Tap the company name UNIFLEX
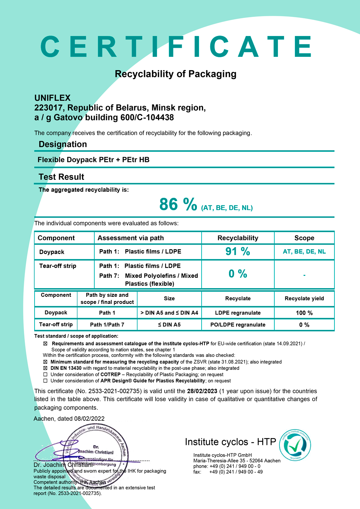coord(53,98)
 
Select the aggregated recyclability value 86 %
coord(178,205)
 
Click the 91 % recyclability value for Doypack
coord(238,251)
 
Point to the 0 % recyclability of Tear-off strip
coord(238,274)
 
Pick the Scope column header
coord(304,238)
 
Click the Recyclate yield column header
coord(304,298)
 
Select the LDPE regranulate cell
coord(238,313)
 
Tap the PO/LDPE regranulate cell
coord(238,324)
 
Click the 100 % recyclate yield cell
coord(304,313)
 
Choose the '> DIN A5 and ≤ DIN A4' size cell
coord(169,313)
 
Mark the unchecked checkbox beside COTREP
coord(45,374)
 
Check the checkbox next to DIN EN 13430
coord(45,368)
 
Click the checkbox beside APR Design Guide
coord(45,381)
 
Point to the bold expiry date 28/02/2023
coord(202,391)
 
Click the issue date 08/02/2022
coord(89,418)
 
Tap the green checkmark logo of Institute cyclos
coord(295,445)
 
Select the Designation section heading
coord(63,144)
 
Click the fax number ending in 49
coord(236,472)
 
